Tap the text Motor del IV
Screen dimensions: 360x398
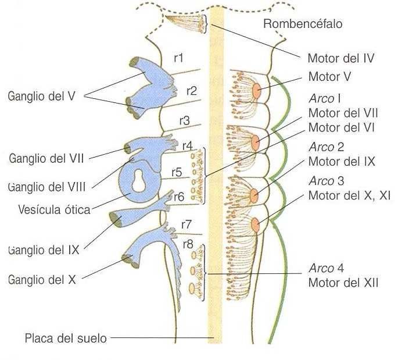pos(339,58)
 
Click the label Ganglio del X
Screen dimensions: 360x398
pos(42,279)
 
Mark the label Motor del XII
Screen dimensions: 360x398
pos(343,283)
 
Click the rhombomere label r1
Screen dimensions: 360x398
pos(180,58)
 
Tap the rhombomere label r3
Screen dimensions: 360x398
pos(184,120)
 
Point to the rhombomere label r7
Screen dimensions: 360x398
pos(187,224)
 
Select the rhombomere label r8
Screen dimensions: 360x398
pos(188,244)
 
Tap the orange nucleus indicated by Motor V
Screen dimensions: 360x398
pos(256,90)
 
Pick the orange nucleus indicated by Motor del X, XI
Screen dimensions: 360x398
pos(255,223)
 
